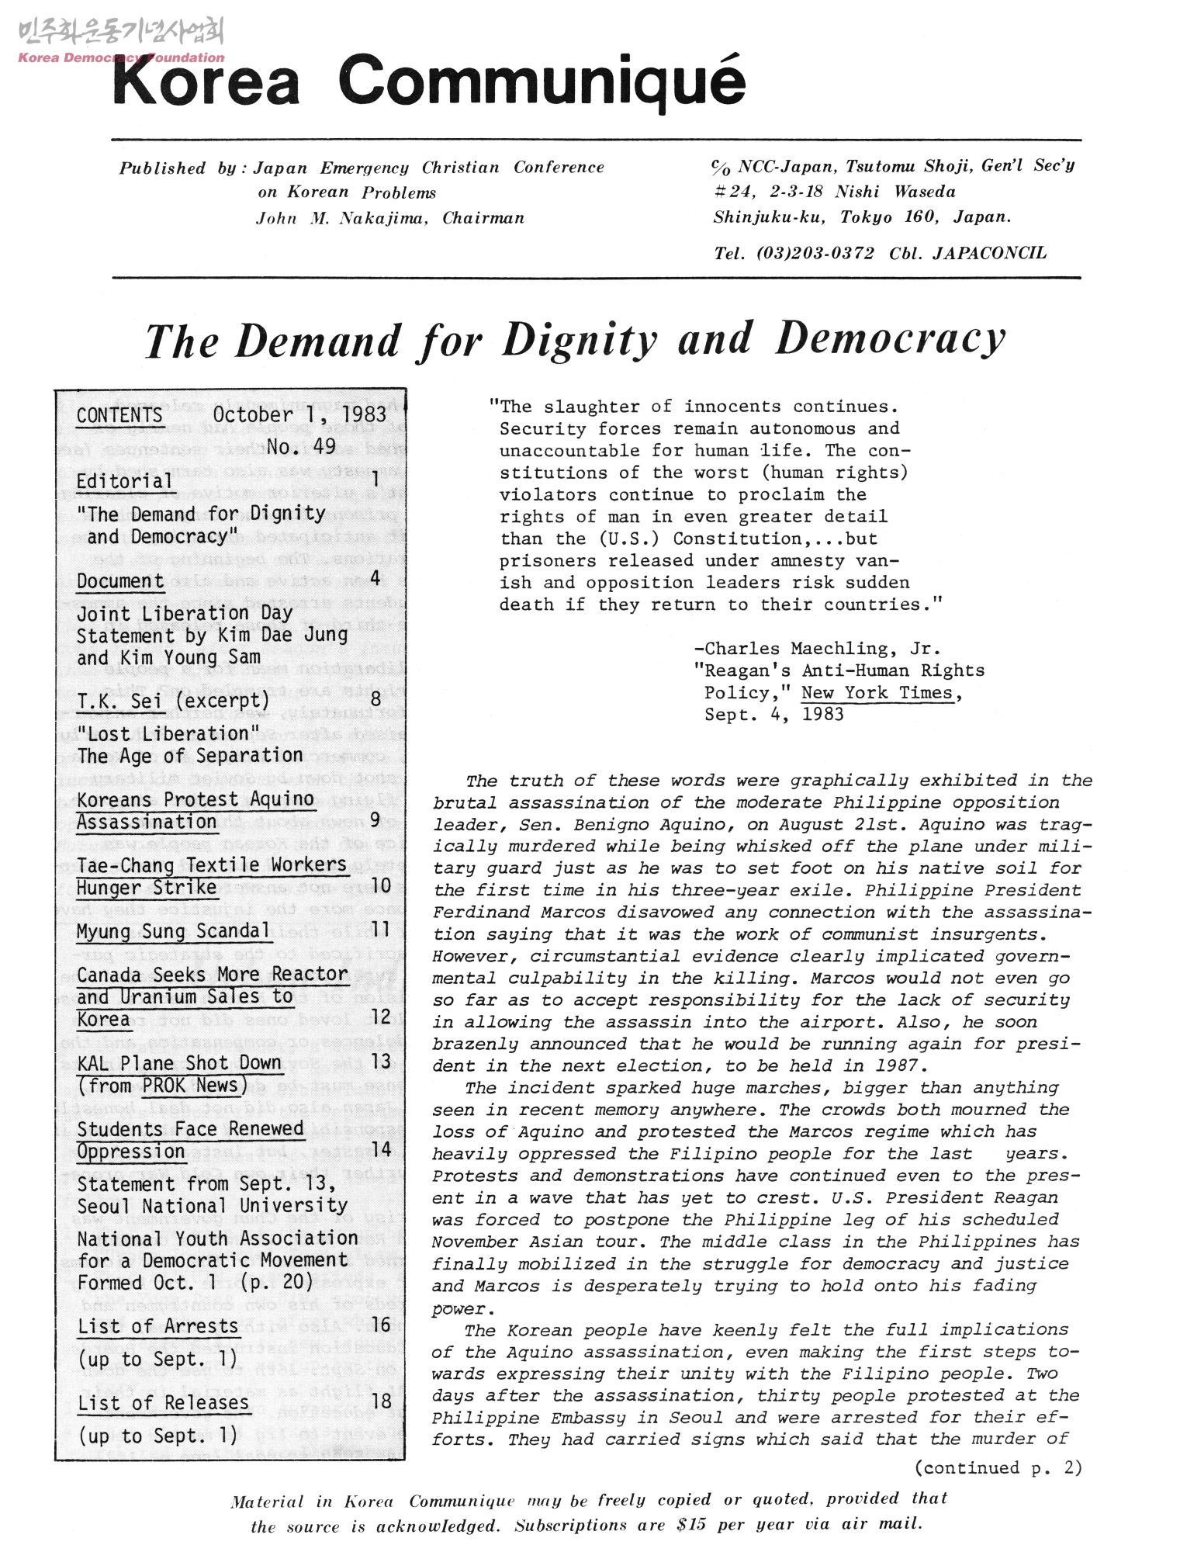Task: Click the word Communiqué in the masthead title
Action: tap(542, 81)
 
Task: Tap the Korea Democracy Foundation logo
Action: tap(120, 42)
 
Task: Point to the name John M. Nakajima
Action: tap(342, 219)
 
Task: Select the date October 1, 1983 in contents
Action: tap(299, 414)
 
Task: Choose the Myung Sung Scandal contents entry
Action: tap(173, 930)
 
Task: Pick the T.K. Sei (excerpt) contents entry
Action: tap(173, 701)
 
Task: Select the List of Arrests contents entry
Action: tap(158, 1326)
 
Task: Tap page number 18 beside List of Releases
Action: tap(380, 1401)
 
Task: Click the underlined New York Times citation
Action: tap(877, 693)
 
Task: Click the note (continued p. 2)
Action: tap(998, 1467)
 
